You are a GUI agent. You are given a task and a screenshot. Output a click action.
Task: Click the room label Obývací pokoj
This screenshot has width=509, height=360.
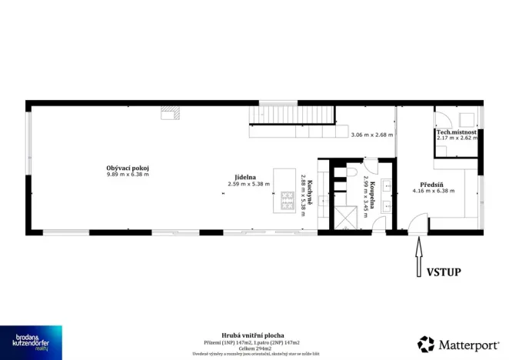[x=127, y=168]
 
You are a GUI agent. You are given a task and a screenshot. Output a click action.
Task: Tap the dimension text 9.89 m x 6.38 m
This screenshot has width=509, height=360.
[x=127, y=175]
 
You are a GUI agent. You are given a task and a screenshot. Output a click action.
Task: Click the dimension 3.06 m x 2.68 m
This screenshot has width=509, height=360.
[x=371, y=135]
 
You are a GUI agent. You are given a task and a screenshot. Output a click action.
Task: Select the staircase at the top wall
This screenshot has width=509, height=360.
[x=292, y=115]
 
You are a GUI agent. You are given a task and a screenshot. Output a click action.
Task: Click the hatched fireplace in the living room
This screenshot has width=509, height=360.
[x=169, y=113]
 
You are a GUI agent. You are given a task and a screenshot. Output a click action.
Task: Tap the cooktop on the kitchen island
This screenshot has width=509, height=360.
[x=287, y=202]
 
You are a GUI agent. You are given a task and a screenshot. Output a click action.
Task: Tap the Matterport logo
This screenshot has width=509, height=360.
[x=457, y=343]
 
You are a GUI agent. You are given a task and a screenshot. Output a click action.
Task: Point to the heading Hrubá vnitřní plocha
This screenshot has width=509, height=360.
[x=252, y=335]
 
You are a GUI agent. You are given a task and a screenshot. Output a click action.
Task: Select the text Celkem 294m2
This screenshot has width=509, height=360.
[x=252, y=347]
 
